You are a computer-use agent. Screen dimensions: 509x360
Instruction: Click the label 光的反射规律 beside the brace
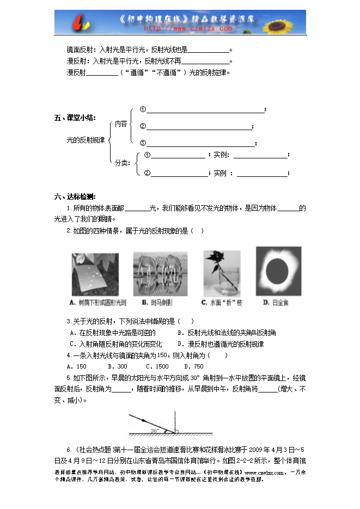[x=85, y=140]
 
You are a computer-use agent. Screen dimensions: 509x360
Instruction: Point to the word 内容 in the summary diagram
[x=121, y=124]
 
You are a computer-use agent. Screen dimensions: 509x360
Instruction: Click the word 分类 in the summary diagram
[x=121, y=162]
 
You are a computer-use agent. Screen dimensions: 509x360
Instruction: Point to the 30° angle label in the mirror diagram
[x=155, y=430]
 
